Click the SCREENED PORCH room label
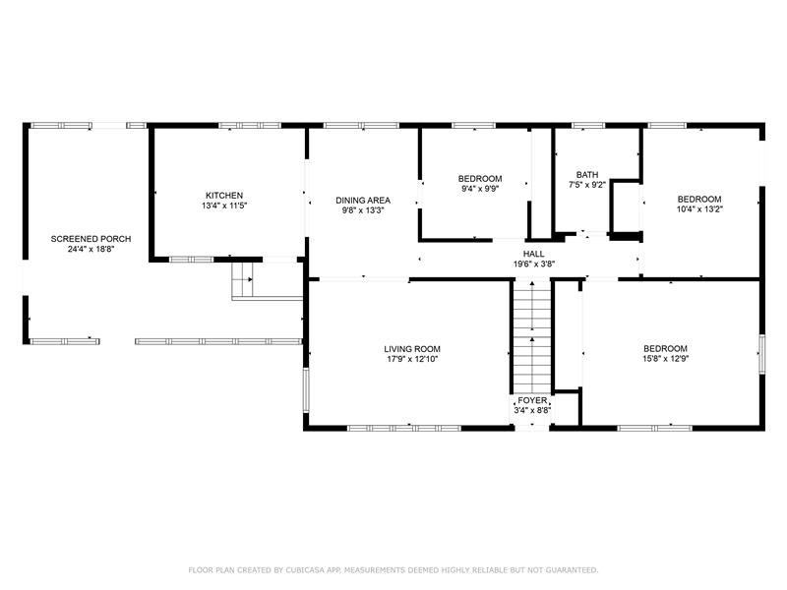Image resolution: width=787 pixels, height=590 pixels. pyautogui.click(x=91, y=239)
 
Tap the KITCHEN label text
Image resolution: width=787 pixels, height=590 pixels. pyautogui.click(x=224, y=195)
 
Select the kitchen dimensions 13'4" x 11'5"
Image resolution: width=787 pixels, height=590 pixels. pyautogui.click(x=224, y=206)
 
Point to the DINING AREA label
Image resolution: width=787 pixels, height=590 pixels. pyautogui.click(x=363, y=201)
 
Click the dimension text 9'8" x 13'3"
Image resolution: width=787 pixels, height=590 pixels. pyautogui.click(x=363, y=210)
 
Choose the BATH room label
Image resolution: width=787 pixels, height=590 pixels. pyautogui.click(x=587, y=175)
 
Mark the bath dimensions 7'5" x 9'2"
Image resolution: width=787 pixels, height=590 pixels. pyautogui.click(x=587, y=185)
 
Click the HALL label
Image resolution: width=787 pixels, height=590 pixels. pyautogui.click(x=533, y=254)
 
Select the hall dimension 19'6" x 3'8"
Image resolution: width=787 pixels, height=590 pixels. pyautogui.click(x=533, y=264)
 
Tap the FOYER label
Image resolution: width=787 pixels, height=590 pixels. pyautogui.click(x=532, y=400)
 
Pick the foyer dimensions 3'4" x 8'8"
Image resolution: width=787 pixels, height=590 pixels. pyautogui.click(x=532, y=410)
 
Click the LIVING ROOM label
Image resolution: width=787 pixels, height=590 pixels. pyautogui.click(x=412, y=349)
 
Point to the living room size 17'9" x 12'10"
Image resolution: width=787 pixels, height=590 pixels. pyautogui.click(x=412, y=359)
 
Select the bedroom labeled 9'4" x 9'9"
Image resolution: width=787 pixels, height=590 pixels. pyautogui.click(x=480, y=189)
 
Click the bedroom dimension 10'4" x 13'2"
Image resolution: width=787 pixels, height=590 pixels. pyautogui.click(x=699, y=209)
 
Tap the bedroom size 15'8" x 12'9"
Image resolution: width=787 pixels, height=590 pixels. pyautogui.click(x=666, y=359)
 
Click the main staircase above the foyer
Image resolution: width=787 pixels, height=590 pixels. pyautogui.click(x=532, y=337)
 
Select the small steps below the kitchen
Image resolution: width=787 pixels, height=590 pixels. pyautogui.click(x=242, y=279)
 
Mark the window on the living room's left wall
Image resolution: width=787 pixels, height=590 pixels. pyautogui.click(x=306, y=390)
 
